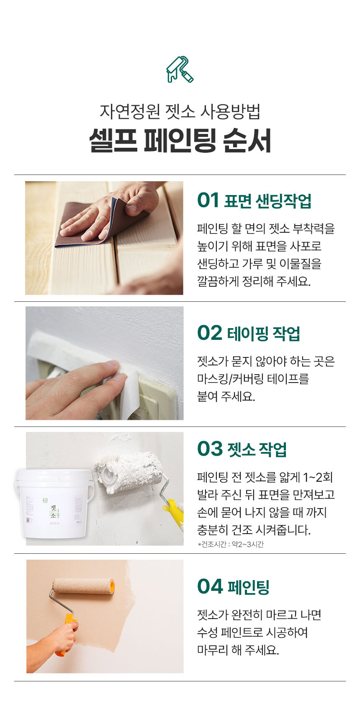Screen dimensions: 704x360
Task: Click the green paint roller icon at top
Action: (x=180, y=69)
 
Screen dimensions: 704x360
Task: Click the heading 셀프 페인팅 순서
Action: (x=180, y=140)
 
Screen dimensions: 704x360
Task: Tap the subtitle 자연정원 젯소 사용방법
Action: (x=180, y=111)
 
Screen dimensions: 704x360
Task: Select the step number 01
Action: (x=208, y=200)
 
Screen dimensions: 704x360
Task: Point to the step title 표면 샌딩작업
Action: (x=267, y=201)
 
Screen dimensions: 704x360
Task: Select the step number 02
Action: (x=209, y=333)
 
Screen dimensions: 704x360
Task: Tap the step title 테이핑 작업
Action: (x=263, y=334)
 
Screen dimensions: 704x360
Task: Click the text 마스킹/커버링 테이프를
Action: (x=253, y=379)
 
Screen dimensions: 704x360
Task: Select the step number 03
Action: (x=210, y=449)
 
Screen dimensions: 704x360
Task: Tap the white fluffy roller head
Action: (x=130, y=471)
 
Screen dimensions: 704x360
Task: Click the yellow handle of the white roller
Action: (x=174, y=513)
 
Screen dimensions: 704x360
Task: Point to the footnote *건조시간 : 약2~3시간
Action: (x=230, y=545)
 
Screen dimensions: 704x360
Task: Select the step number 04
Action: (x=210, y=586)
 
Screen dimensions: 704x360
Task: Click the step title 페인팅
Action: (x=248, y=587)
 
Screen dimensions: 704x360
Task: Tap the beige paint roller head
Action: (x=84, y=586)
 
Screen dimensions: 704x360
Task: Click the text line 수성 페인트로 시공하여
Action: (x=252, y=632)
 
